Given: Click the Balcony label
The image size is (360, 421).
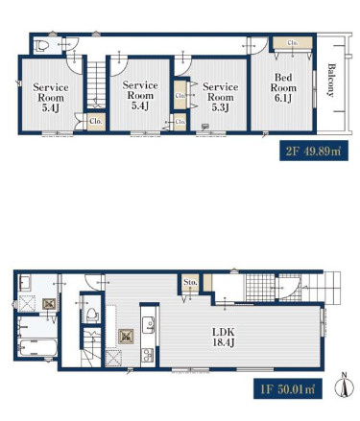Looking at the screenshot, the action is click(331, 81).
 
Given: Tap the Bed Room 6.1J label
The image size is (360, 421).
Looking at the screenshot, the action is click(283, 87).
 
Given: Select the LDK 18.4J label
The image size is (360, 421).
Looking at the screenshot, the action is click(224, 337).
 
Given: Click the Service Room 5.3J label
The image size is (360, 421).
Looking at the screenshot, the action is click(221, 97).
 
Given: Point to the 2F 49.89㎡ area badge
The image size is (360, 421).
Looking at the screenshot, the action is click(314, 151).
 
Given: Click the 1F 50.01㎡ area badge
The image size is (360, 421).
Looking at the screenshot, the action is click(288, 388).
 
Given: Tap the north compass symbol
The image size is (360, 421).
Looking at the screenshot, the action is click(345, 386).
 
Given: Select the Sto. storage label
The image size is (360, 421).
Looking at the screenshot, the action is click(190, 283).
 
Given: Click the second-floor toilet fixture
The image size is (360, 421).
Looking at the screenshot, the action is click(41, 47).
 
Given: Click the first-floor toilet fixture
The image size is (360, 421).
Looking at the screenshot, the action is click(91, 314).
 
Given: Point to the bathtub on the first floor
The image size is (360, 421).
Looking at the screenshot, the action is click(38, 347).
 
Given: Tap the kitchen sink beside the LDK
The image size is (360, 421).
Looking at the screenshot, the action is click(149, 324).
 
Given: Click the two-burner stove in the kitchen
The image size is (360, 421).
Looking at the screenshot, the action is click(148, 355).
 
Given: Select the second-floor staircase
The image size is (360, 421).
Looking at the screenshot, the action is click(96, 84).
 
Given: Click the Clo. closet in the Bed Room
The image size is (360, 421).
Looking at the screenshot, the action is click(292, 43).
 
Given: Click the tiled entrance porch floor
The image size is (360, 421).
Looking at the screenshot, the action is click(260, 288).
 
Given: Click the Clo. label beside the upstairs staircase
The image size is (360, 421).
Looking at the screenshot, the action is click(96, 122).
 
